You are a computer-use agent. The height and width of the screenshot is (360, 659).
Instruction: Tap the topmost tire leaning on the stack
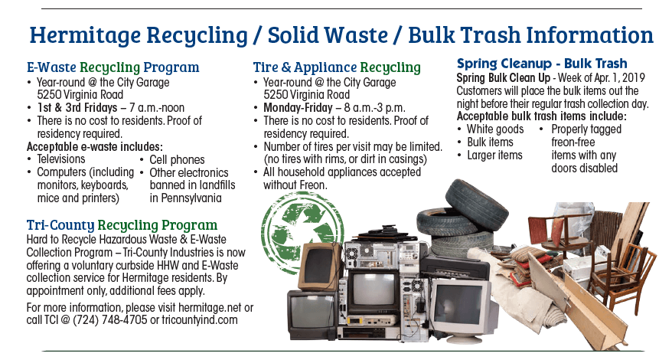tap(476, 201)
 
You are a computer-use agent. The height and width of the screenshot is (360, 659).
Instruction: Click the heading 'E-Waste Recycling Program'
tap(113, 67)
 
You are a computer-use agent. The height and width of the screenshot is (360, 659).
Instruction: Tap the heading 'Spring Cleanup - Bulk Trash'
tap(542, 64)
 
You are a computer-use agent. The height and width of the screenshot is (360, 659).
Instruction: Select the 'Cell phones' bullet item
tap(177, 159)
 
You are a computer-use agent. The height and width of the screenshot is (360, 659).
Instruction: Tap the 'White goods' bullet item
tap(495, 129)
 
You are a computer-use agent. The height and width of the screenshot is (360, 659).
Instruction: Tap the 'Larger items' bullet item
tap(494, 155)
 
